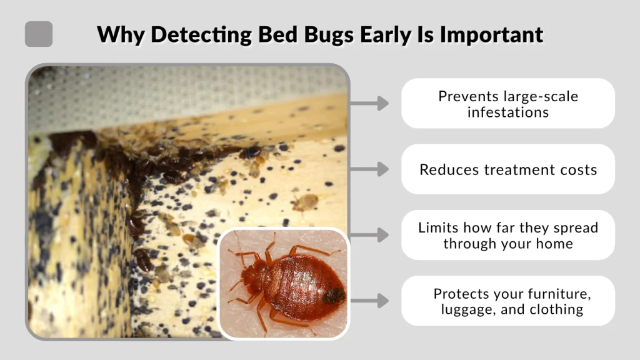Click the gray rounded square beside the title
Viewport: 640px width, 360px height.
[x=39, y=34]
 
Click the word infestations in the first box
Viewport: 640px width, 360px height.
[x=508, y=112]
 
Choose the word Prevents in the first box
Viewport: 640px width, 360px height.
[x=464, y=96]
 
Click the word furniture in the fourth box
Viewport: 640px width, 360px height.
[x=554, y=293]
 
